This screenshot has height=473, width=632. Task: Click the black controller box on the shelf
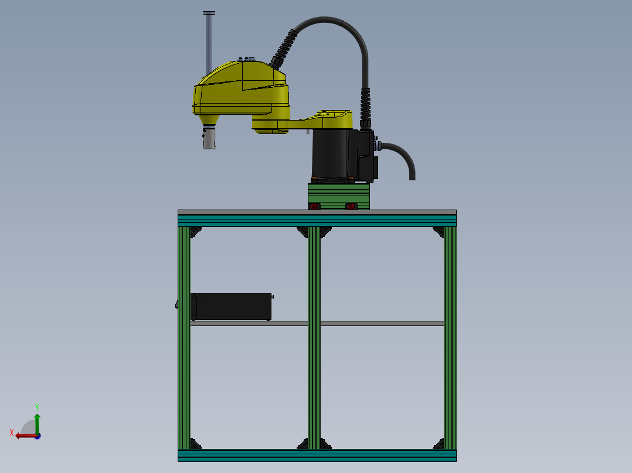tap(232, 307)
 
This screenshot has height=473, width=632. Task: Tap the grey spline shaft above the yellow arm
tap(209, 41)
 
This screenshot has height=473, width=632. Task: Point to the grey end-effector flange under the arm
tap(209, 140)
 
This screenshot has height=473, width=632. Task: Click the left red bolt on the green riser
tap(314, 206)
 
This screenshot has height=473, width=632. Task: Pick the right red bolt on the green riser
tap(351, 206)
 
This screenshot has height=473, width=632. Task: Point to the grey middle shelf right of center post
tap(381, 323)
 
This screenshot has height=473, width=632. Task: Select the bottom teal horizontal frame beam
tap(317, 455)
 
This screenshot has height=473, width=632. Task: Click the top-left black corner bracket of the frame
tap(196, 232)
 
